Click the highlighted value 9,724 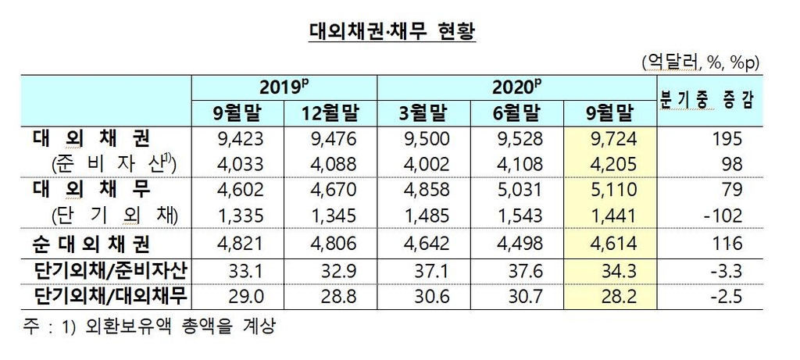(x=611, y=141)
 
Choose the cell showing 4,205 (x=611, y=165)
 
